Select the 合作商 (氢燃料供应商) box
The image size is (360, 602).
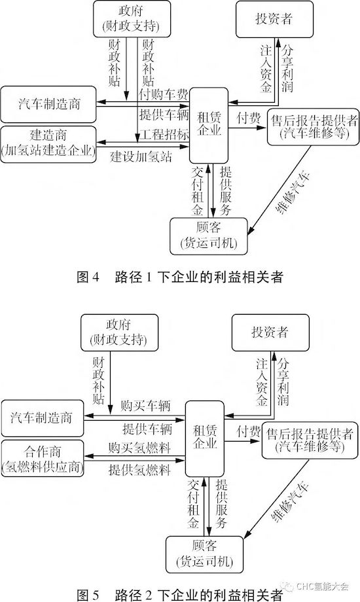(43, 459)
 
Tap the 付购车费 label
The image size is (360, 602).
(164, 94)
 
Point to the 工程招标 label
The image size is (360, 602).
(164, 134)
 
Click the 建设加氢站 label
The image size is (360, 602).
(141, 156)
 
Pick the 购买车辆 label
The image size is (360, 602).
(145, 406)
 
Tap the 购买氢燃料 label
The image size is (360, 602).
(139, 448)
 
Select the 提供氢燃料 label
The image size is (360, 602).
(139, 469)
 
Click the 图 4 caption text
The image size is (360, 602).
(180, 277)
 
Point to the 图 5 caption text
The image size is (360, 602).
(180, 595)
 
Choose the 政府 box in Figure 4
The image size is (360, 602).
(132, 18)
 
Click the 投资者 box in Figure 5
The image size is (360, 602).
(270, 332)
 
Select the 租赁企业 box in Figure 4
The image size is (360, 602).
(209, 126)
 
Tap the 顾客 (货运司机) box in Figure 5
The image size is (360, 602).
(204, 554)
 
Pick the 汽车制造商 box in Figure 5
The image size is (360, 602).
(43, 418)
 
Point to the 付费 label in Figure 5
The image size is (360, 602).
(249, 431)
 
